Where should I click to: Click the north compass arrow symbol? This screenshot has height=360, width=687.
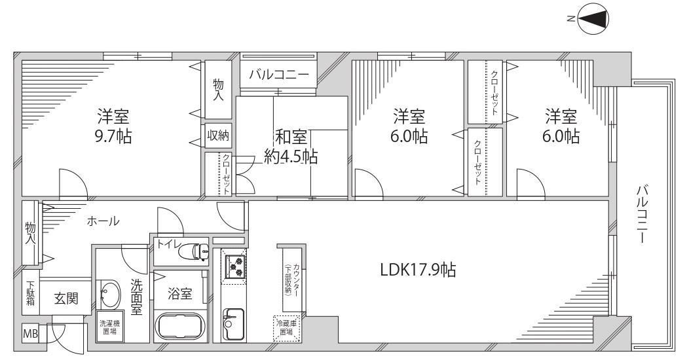click(595, 18)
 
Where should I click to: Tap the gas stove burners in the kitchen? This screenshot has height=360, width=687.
click(234, 266)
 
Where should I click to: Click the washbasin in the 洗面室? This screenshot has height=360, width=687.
click(109, 295)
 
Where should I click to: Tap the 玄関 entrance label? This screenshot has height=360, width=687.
click(65, 299)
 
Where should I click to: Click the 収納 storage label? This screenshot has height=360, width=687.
click(218, 135)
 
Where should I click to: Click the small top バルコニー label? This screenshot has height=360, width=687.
click(278, 75)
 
